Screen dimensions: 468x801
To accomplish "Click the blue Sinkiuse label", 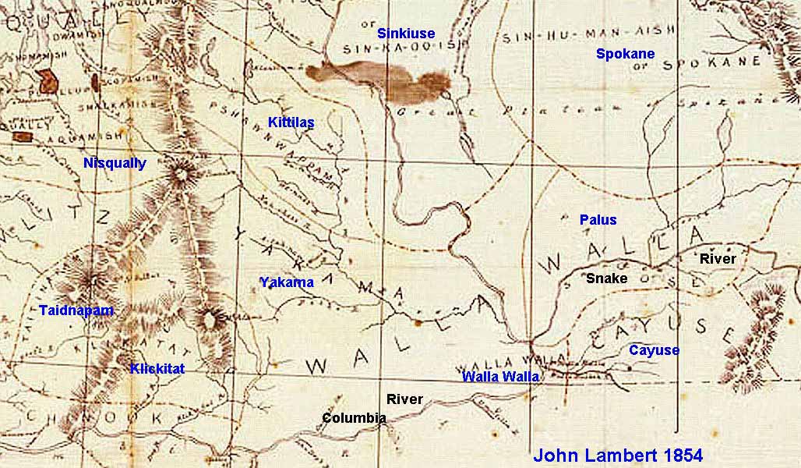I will click(406, 34).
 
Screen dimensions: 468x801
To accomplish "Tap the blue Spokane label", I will click(625, 54).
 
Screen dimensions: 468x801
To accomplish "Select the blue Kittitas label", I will click(291, 122).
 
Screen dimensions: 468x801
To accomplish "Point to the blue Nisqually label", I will click(115, 163).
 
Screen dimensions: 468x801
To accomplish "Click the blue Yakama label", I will click(286, 282).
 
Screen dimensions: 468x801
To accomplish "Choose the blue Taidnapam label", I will click(76, 310).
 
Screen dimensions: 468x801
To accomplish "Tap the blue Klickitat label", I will click(157, 368).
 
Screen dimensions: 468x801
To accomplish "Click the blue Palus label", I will click(598, 220).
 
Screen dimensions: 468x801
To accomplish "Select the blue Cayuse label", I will click(654, 350).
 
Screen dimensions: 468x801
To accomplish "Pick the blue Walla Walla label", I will click(500, 377).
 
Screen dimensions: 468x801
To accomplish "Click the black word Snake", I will click(607, 278).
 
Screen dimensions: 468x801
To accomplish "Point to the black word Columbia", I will click(355, 418).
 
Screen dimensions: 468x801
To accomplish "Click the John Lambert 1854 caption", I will click(618, 456).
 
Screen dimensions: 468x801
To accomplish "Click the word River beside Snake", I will click(717, 258).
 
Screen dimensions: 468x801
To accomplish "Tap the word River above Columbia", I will click(404, 399).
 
